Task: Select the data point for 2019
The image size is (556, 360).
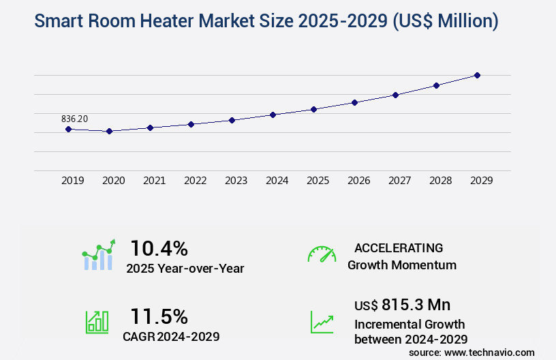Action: (68, 129)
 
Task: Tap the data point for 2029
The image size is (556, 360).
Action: (477, 75)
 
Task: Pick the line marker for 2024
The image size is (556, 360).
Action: (273, 115)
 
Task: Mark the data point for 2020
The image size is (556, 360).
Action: (109, 131)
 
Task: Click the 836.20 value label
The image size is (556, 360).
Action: (74, 119)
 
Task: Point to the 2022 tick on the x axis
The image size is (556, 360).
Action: (196, 181)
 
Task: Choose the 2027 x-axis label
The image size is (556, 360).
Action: (400, 181)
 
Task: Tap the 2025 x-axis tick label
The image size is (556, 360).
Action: (318, 181)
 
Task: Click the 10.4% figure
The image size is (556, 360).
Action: (159, 248)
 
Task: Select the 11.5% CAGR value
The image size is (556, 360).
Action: (159, 316)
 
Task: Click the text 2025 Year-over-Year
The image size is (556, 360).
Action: (185, 269)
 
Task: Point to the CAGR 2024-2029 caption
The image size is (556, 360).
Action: (172, 336)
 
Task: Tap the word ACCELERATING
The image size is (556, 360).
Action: (399, 248)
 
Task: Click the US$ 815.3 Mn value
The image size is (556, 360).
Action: (402, 305)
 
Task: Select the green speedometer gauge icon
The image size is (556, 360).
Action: (322, 254)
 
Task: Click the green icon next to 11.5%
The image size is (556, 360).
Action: (96, 321)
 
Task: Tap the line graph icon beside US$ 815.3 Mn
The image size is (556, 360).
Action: (322, 322)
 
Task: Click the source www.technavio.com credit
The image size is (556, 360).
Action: (472, 352)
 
